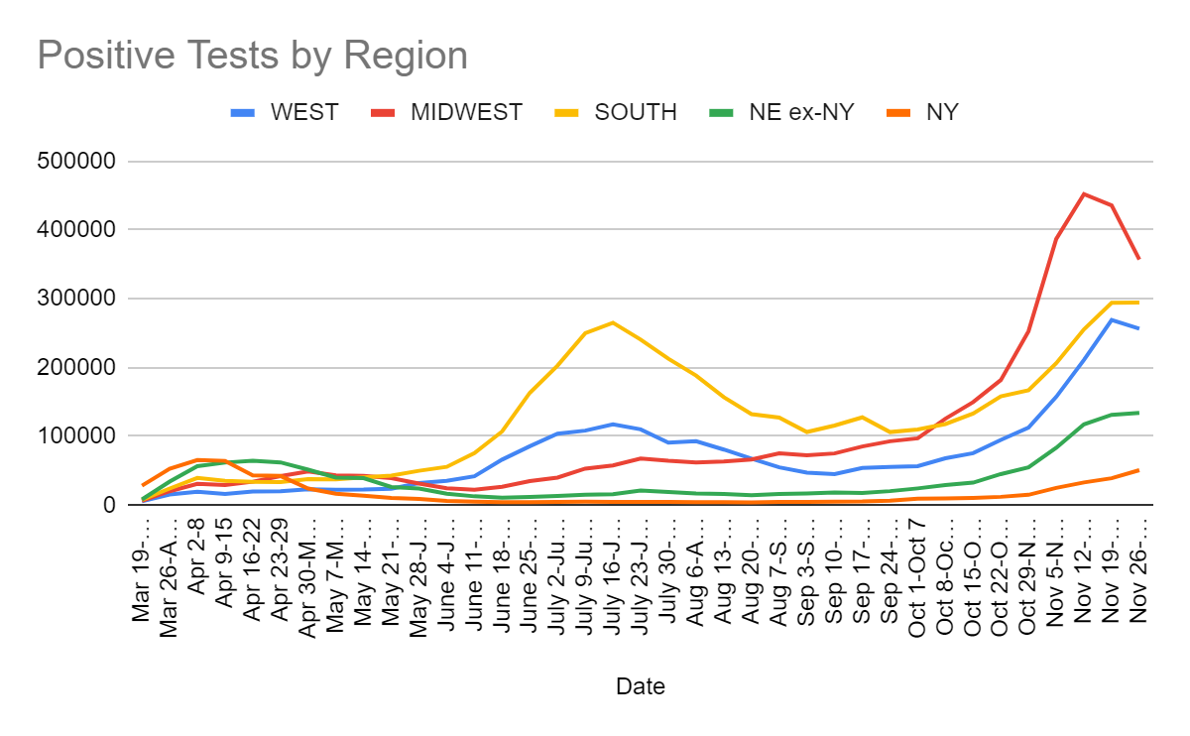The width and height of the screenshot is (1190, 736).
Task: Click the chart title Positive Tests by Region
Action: click(x=252, y=56)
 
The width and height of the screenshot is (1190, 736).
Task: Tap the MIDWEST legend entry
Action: click(x=466, y=112)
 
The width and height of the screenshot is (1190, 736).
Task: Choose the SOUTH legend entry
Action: click(x=635, y=112)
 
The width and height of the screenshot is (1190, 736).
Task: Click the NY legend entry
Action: click(x=941, y=112)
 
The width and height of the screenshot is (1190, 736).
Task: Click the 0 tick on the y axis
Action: click(x=109, y=505)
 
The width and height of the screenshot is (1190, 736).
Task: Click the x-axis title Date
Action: click(x=640, y=686)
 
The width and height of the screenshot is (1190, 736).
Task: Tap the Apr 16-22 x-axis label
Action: click(x=255, y=562)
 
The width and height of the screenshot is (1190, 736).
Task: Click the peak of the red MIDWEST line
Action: click(x=1083, y=193)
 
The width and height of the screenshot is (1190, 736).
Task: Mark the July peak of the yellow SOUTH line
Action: click(x=613, y=322)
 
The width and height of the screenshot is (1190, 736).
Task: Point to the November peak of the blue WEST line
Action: click(x=1111, y=319)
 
